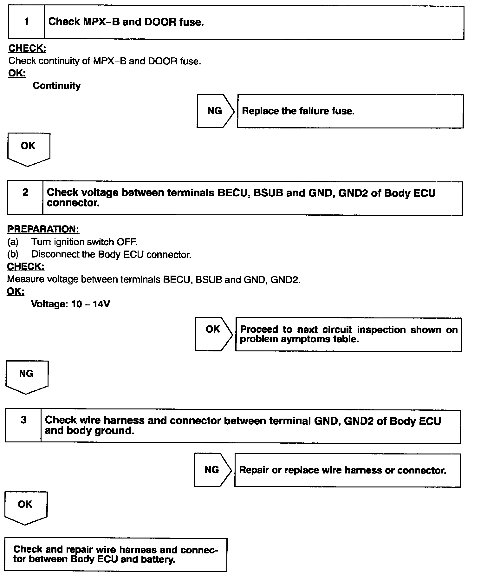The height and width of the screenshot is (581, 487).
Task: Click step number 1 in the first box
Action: point(26,22)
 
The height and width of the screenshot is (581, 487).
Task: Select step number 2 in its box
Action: point(25,192)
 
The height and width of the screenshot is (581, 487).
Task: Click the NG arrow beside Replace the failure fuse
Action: point(215,111)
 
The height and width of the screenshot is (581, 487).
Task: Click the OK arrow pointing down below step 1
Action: point(28,146)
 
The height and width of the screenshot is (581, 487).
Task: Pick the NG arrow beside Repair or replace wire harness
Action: point(212,470)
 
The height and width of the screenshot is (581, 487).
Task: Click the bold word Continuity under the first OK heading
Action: point(57,86)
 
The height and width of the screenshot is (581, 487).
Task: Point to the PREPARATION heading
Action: point(43,229)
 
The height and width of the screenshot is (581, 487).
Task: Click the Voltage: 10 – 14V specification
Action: point(71,304)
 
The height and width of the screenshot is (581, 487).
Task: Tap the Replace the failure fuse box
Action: point(350,111)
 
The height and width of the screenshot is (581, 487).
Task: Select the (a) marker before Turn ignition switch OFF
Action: point(13,242)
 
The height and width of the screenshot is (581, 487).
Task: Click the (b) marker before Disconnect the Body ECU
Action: point(13,254)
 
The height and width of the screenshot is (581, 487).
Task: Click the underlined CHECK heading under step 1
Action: point(27,49)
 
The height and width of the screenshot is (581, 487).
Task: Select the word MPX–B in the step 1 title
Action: point(101,22)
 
